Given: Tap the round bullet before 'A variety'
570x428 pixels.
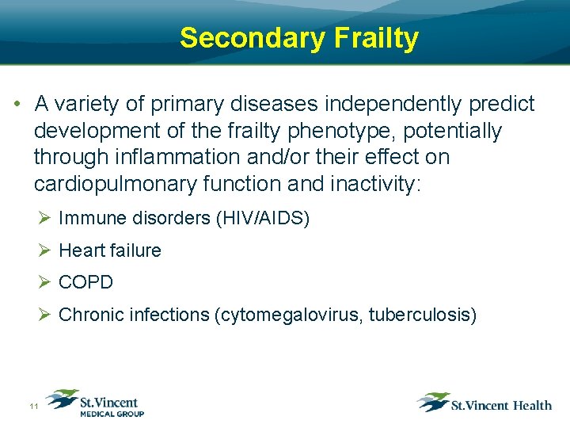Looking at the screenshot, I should click(17, 105).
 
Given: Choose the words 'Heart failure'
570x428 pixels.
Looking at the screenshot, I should click(110, 250).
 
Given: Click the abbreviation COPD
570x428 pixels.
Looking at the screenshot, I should click(86, 282).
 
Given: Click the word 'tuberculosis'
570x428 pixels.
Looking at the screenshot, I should click(427, 315).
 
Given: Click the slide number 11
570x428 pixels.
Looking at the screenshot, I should click(33, 406).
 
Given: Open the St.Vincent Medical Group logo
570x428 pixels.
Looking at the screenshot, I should click(95, 403).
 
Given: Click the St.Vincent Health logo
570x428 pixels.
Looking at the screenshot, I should click(484, 403).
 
